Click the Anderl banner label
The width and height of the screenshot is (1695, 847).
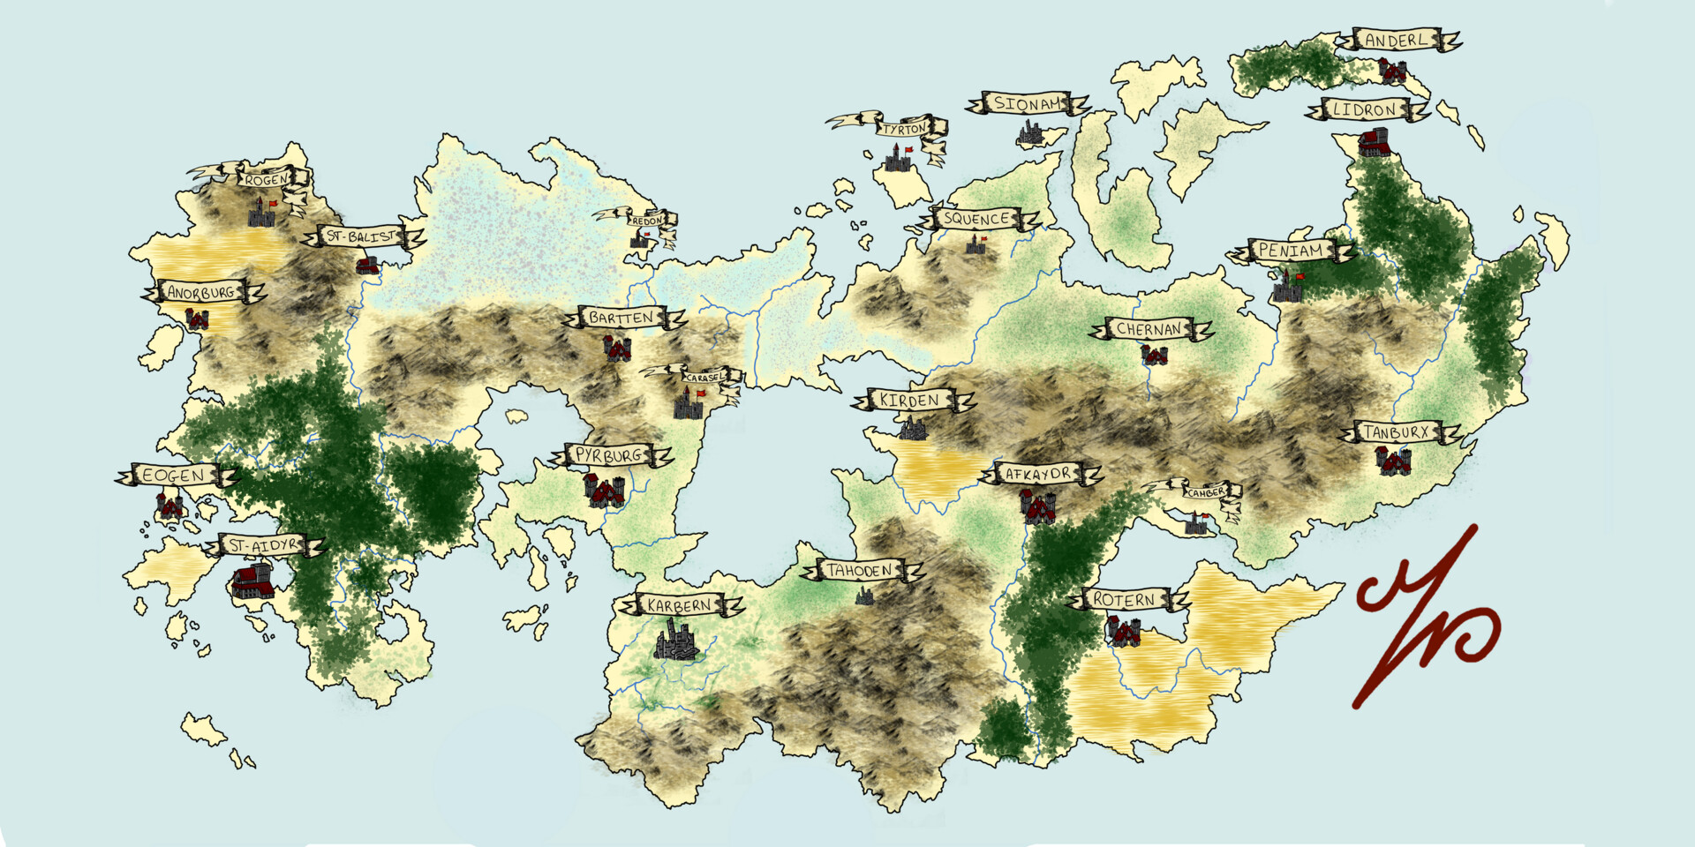coord(1396,40)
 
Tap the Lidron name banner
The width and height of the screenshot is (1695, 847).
coord(1364,110)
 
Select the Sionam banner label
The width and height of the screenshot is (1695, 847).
coord(1028,103)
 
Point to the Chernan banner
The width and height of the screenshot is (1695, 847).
coord(1149,329)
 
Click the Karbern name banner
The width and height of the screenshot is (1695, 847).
coord(679,605)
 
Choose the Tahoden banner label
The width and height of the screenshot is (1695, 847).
coord(860,571)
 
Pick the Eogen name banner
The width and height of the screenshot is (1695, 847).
coord(174,476)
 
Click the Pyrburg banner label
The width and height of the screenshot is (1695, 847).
coord(609,455)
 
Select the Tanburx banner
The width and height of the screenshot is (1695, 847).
coord(1397,432)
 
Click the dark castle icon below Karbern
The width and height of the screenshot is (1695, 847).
coord(677,640)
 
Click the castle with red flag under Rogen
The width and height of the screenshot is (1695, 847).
coord(261,212)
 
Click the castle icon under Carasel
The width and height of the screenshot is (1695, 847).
coord(689,404)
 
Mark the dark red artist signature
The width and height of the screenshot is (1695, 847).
coord(1423,618)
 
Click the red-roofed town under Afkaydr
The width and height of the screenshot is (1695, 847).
coord(1039,507)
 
